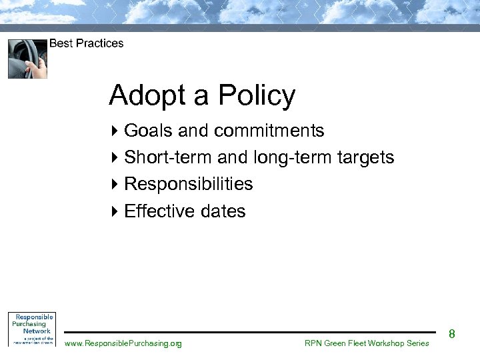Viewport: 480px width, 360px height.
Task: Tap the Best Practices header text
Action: click(86, 43)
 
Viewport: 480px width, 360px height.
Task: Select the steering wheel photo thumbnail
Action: click(27, 59)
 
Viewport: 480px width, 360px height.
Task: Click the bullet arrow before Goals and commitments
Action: click(114, 131)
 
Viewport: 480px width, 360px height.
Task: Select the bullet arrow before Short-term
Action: click(114, 158)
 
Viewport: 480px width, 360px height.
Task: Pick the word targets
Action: click(365, 158)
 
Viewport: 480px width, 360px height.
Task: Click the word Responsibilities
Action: click(189, 184)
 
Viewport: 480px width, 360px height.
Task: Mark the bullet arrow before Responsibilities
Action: click(114, 184)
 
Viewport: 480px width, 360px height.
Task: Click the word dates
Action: click(224, 211)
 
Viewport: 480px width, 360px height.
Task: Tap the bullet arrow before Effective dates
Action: click(114, 211)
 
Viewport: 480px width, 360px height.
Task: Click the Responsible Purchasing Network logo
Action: click(31, 329)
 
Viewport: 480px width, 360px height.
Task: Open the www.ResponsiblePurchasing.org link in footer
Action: click(123, 343)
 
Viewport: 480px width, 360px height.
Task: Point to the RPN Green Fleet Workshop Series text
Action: click(367, 343)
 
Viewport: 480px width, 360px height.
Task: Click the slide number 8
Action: click(451, 333)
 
